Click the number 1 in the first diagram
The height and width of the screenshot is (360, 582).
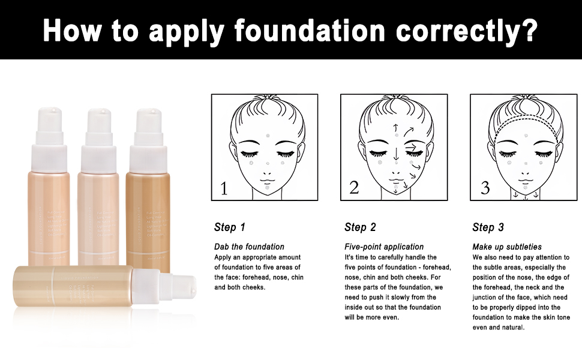[224, 188]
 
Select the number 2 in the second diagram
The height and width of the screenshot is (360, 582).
[354, 188]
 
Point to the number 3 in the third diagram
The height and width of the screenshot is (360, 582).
[485, 188]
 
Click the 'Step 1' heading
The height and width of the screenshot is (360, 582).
[230, 227]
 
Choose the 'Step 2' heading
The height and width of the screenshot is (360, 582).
[360, 227]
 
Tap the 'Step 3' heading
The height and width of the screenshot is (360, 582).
[488, 227]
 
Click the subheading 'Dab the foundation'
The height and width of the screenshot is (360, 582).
[249, 247]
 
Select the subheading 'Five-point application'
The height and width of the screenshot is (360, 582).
[384, 247]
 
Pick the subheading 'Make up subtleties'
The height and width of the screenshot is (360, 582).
[507, 247]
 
